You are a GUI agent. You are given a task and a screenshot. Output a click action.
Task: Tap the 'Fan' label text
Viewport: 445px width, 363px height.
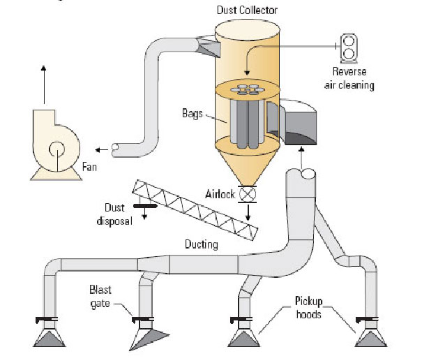[x=90, y=168]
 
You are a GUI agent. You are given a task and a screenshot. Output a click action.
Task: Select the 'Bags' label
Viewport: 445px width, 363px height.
[x=193, y=112]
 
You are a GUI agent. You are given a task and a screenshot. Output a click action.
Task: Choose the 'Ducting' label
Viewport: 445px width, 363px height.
[x=202, y=244]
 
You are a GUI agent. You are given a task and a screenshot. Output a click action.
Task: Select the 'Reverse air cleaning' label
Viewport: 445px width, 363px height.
[x=353, y=79]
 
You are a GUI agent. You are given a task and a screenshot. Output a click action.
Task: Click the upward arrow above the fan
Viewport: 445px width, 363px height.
[x=44, y=77]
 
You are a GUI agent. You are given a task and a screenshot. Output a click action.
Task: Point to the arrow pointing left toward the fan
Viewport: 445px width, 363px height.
[x=102, y=149]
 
